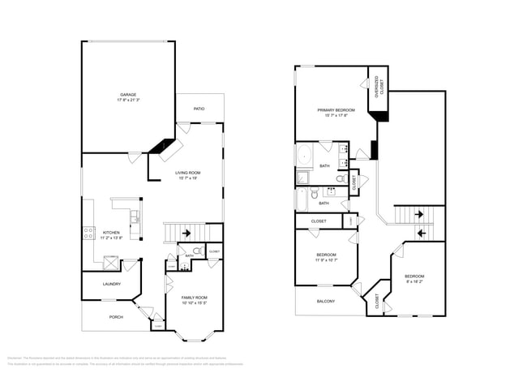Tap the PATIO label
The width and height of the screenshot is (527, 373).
(199, 109)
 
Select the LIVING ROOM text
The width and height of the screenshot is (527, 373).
(188, 173)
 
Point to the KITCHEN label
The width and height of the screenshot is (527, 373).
(111, 233)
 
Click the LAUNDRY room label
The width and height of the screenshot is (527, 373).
(112, 284)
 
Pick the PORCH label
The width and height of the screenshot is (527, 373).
(116, 317)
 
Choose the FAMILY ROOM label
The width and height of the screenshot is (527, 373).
(194, 298)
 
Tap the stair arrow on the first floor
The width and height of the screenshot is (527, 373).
(187, 234)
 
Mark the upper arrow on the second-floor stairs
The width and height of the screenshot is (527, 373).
(418, 215)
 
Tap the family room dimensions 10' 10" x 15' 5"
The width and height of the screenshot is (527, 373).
(194, 303)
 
